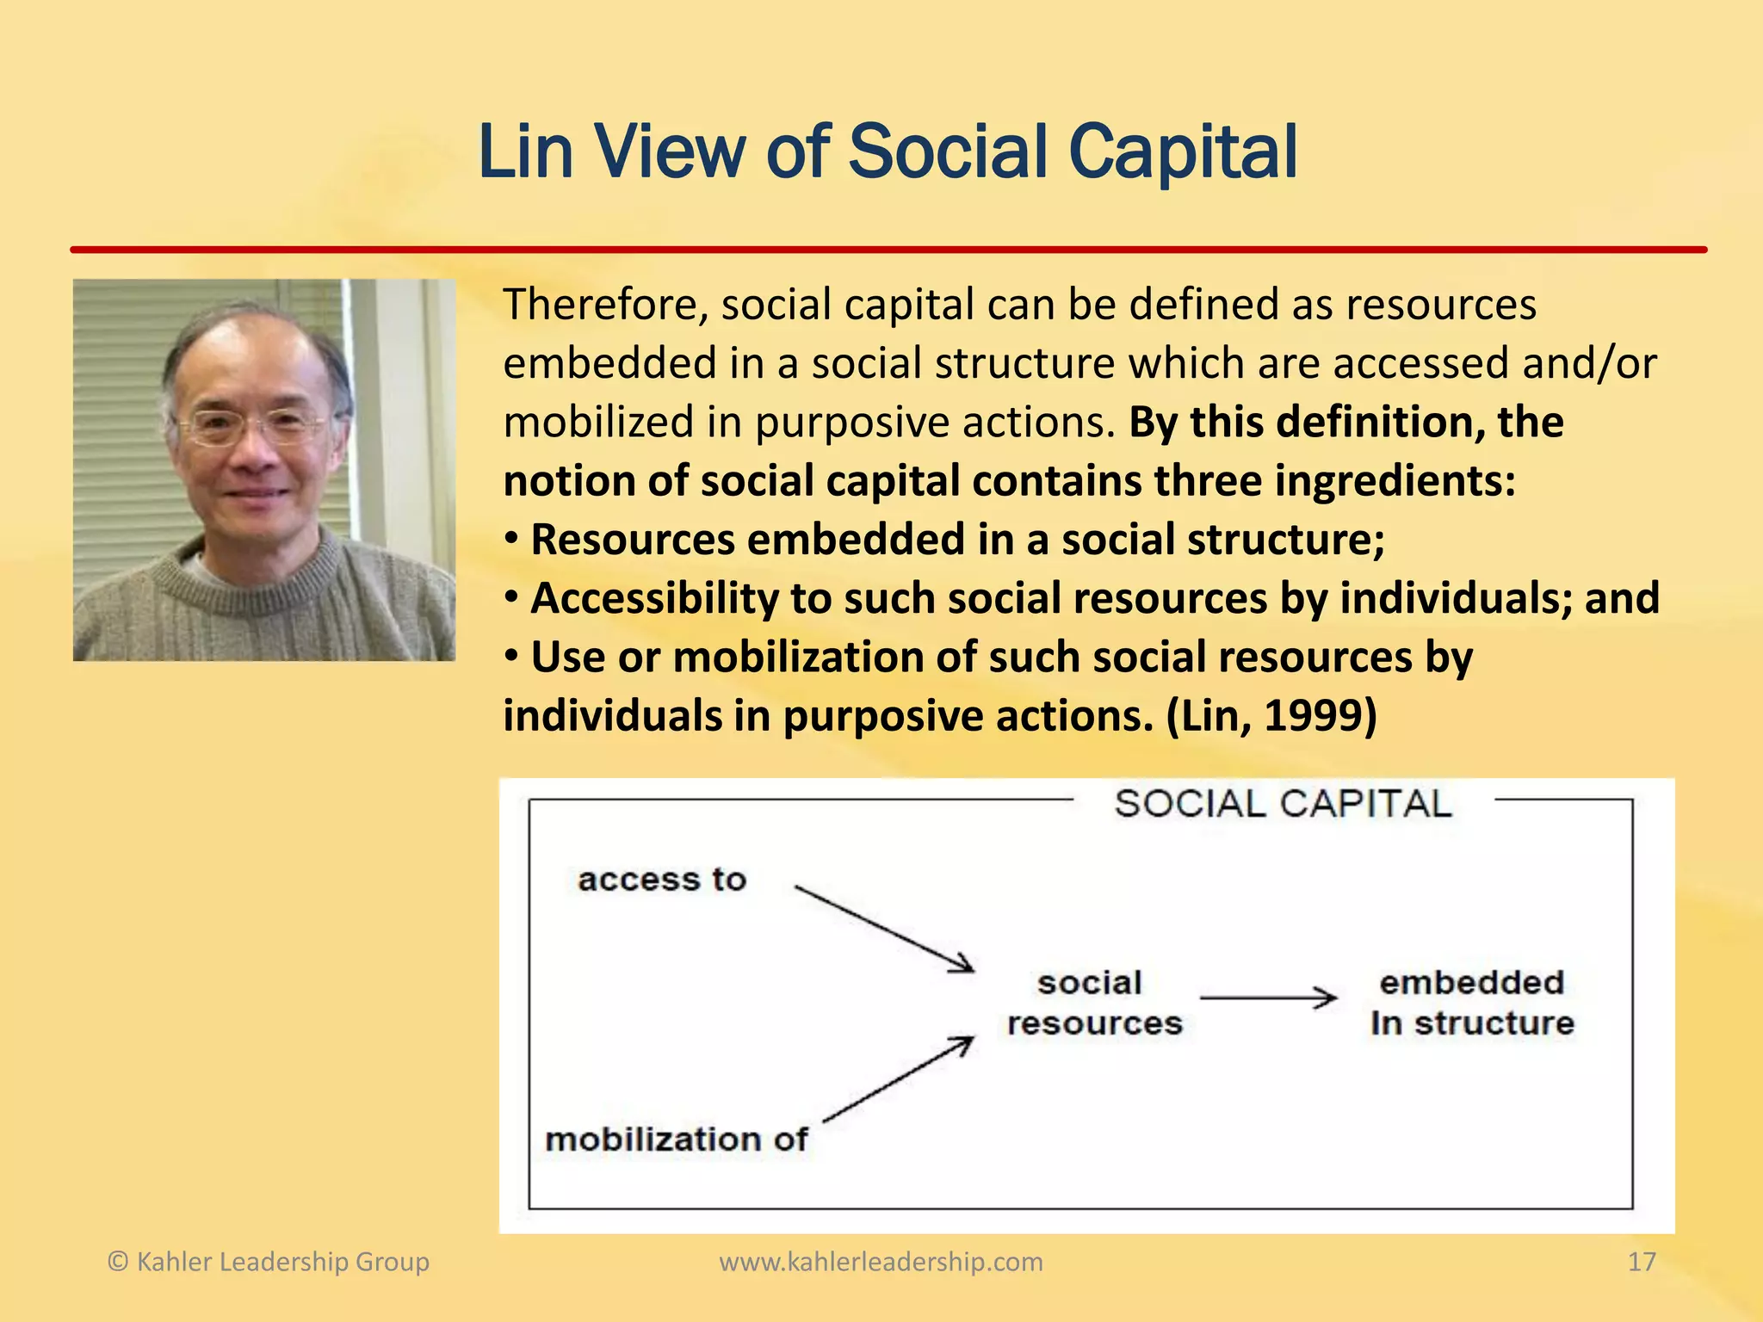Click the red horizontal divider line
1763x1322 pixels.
(887, 250)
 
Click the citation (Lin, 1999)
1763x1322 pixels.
(1271, 716)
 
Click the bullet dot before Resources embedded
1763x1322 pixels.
(512, 540)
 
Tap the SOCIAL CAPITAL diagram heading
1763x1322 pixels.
(1283, 804)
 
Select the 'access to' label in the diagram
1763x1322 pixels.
(661, 880)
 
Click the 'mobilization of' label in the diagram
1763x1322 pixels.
(676, 1140)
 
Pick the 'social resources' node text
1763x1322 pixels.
(1094, 1003)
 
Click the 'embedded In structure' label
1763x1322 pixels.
(1472, 1003)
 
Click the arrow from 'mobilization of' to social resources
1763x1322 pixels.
(897, 1081)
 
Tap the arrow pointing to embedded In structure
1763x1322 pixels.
(1267, 998)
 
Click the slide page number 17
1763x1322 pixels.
(1641, 1262)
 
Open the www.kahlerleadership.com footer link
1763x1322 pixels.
(881, 1262)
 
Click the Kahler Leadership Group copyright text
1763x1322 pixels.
(269, 1262)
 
